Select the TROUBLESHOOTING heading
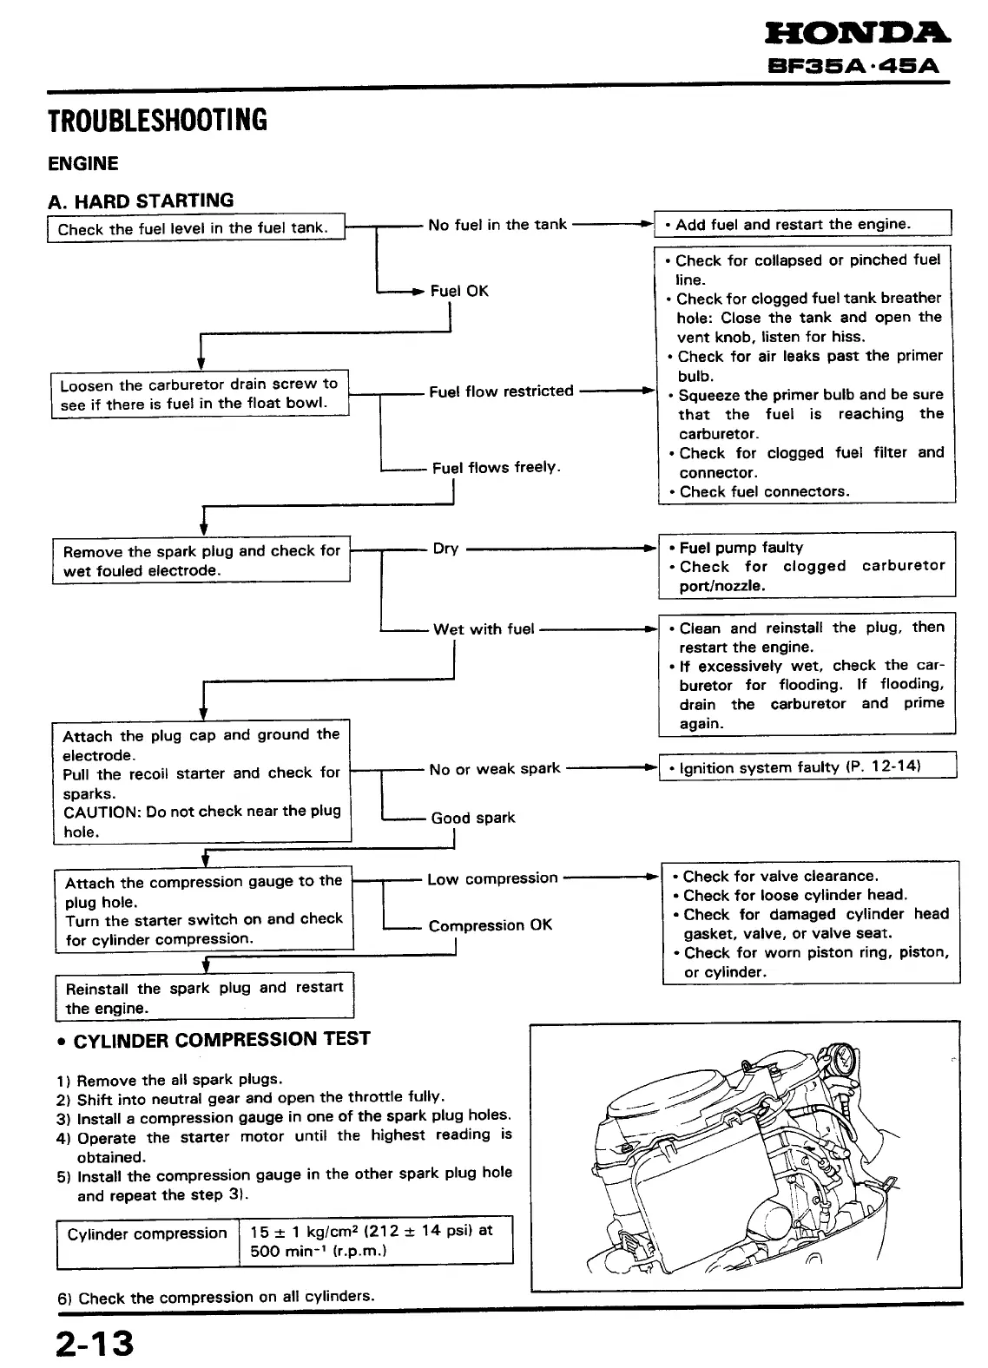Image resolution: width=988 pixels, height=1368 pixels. coord(157,119)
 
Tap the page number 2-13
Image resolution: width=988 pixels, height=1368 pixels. coord(96,1342)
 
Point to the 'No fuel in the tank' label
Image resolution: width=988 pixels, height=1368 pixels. coord(497,225)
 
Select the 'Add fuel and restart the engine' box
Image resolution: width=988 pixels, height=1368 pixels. coord(803,224)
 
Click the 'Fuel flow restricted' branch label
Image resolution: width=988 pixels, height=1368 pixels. coord(501,391)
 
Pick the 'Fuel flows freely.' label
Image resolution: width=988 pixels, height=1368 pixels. coord(497,468)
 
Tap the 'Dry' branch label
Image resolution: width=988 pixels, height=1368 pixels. coord(445,549)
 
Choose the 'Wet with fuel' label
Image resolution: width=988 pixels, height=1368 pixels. coord(484,629)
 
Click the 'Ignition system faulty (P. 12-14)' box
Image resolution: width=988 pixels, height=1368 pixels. coord(807,767)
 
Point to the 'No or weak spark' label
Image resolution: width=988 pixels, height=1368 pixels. coord(495,769)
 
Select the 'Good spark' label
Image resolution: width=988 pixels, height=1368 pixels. coord(473,818)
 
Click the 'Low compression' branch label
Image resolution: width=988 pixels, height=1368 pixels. coord(492,878)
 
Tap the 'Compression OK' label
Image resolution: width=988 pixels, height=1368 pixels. coord(491,925)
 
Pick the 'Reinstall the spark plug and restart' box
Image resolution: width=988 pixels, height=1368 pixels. coord(205,997)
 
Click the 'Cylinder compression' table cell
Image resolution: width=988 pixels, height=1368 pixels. coord(147,1234)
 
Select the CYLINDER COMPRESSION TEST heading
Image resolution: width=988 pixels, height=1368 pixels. coord(222,1039)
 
